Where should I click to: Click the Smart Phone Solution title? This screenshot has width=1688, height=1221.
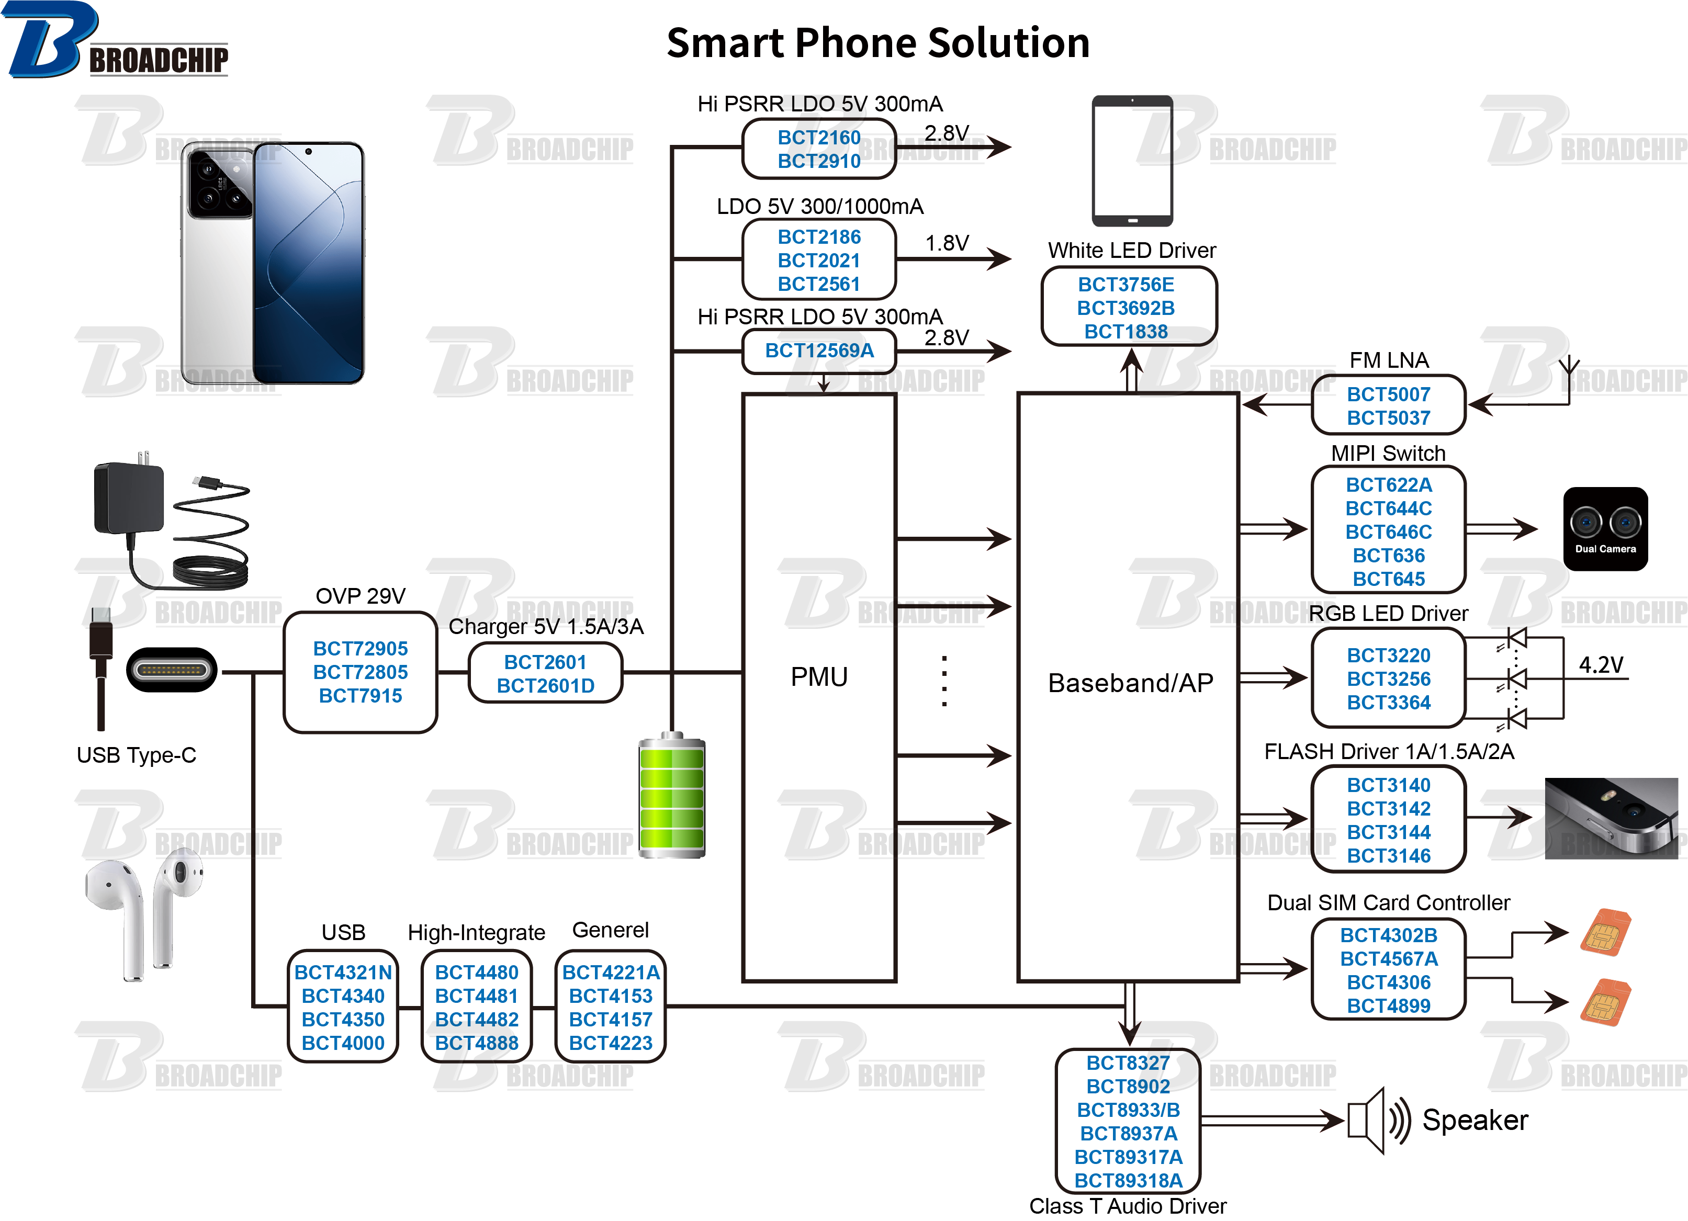coord(877,43)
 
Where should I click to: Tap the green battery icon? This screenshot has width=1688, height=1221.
coord(671,796)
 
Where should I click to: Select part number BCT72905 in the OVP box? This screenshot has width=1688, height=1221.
coord(360,648)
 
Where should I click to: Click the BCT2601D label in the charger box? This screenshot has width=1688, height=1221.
coord(546,685)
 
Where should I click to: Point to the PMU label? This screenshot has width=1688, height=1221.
coord(819,676)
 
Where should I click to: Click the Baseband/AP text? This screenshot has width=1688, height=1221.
coord(1130,682)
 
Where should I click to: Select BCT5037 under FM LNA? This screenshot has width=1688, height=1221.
coord(1388,417)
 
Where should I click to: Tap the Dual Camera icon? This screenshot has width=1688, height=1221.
coord(1605,528)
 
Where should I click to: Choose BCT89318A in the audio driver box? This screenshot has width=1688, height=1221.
coord(1128,1180)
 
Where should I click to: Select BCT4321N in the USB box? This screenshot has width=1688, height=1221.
coord(343,972)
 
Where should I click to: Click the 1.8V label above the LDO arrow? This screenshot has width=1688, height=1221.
coord(947,243)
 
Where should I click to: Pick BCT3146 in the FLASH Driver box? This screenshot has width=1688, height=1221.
coord(1388,856)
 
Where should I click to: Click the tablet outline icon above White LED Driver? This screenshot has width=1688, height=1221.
coord(1132,160)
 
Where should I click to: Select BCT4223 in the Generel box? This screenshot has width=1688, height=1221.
coord(610,1043)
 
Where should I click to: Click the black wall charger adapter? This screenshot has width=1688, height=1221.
coord(129,497)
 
